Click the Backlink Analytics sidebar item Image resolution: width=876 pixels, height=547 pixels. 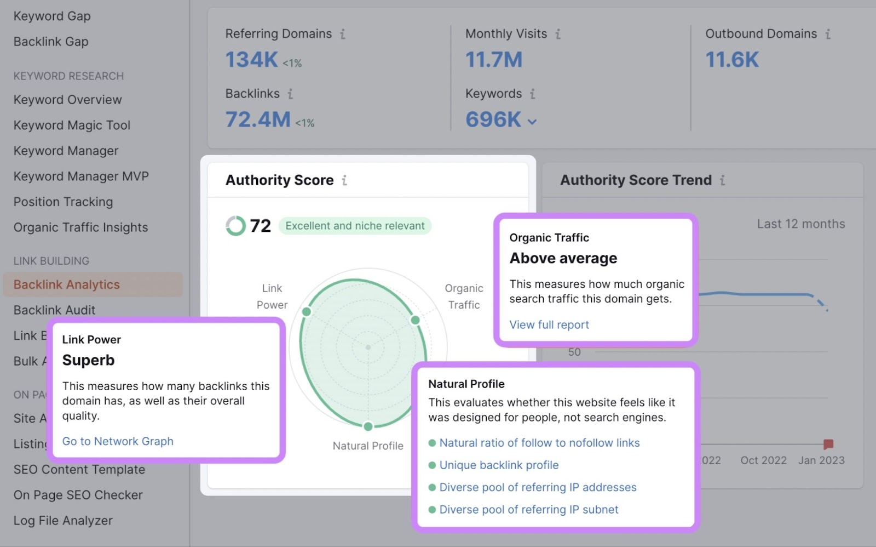click(x=66, y=284)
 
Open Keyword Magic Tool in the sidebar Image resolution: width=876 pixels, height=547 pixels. click(x=72, y=125)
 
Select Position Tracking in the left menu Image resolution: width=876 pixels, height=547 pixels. click(x=63, y=202)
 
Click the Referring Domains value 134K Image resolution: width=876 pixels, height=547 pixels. click(x=252, y=59)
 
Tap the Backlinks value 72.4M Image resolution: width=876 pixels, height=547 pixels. click(x=258, y=119)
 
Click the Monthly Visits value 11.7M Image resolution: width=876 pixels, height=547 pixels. click(x=494, y=59)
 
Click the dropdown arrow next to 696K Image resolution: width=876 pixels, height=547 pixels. click(x=532, y=122)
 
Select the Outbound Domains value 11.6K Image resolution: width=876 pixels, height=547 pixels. click(x=731, y=59)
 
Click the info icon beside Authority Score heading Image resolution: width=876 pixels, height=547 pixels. click(x=344, y=180)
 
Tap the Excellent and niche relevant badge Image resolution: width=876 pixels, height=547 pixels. click(x=355, y=226)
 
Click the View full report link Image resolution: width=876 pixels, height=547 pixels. click(x=549, y=324)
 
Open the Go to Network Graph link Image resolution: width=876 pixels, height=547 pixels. click(x=118, y=441)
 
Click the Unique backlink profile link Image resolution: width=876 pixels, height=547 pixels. click(x=499, y=465)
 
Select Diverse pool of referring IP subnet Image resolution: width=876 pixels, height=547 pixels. click(x=528, y=509)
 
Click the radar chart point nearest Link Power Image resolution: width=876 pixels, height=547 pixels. click(x=307, y=311)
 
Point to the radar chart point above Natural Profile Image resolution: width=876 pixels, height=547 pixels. click(x=368, y=426)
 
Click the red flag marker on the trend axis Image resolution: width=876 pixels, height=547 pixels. click(x=828, y=443)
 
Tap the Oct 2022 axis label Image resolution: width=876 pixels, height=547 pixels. click(x=763, y=460)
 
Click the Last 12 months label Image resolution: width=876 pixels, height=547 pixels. click(x=800, y=224)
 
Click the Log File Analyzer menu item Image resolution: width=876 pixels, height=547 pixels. click(x=63, y=520)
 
